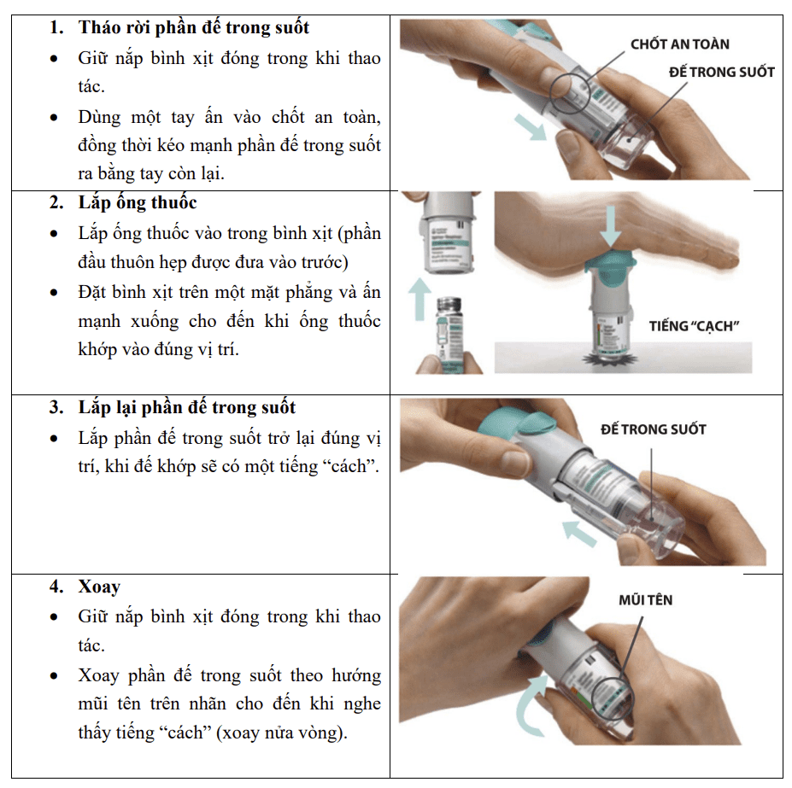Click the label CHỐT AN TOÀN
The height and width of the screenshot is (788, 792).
tap(679, 44)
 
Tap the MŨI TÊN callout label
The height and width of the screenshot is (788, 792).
tap(646, 599)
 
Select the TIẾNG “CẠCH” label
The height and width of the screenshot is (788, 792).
tap(694, 326)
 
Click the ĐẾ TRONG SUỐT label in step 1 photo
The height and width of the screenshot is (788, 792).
tap(721, 73)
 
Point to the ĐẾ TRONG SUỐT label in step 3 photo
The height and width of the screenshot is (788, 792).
tap(653, 429)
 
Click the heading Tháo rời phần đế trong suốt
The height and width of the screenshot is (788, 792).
tap(193, 27)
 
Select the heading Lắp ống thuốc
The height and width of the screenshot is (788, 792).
tap(138, 202)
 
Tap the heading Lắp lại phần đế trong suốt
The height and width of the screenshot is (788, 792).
tap(187, 407)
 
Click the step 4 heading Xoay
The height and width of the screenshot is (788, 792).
tap(99, 587)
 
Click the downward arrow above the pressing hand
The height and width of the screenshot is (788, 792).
tap(610, 225)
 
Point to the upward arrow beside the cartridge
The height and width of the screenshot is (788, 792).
tap(419, 300)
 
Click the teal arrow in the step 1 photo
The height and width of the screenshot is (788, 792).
tap(530, 126)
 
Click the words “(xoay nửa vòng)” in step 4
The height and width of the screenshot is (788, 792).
tap(282, 733)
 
